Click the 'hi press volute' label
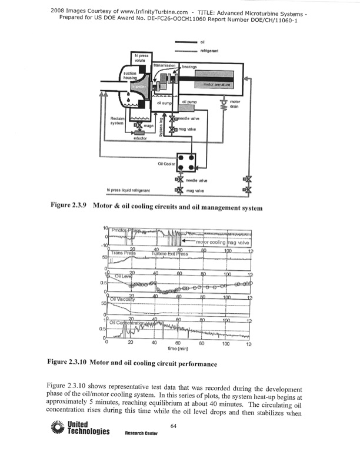click(141, 57)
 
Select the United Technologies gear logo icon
click(58, 427)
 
